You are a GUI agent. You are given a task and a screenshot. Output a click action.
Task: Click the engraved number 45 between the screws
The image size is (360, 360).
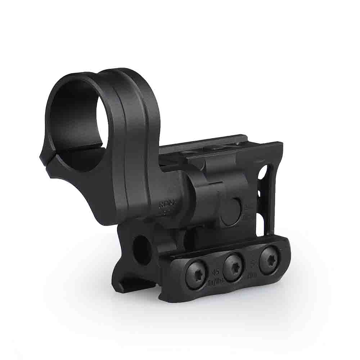216,273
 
